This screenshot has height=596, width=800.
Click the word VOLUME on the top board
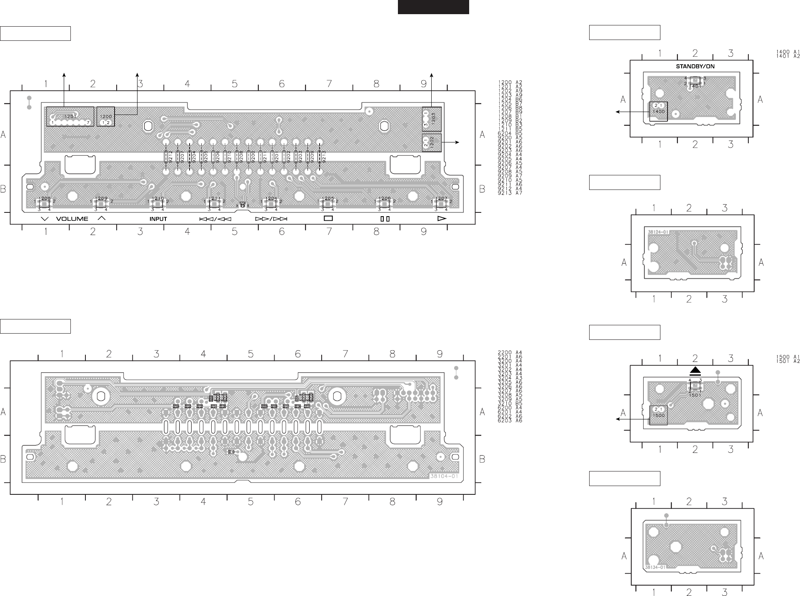(x=72, y=219)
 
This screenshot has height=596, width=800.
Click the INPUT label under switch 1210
(x=158, y=219)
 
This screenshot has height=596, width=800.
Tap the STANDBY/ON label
(x=692, y=66)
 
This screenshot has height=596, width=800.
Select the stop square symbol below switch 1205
(x=329, y=218)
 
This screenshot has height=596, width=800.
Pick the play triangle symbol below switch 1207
(x=442, y=218)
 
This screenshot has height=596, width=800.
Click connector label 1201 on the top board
(x=71, y=117)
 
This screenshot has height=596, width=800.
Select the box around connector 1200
(x=105, y=117)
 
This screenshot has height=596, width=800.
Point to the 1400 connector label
(x=659, y=112)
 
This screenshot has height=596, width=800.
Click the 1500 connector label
(x=659, y=416)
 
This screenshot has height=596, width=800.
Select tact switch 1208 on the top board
(x=45, y=203)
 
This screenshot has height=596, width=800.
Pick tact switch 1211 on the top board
(x=214, y=203)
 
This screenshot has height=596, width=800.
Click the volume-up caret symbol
(x=101, y=218)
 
